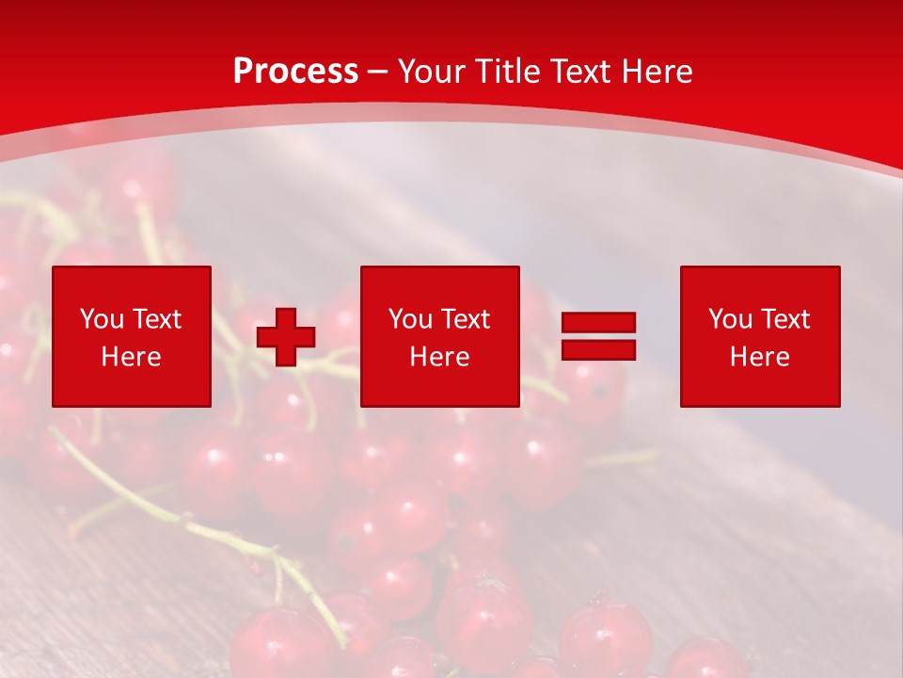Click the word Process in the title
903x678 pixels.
point(295,72)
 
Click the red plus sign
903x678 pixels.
point(286,337)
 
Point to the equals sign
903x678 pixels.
point(598,336)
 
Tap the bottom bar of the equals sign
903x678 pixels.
point(598,349)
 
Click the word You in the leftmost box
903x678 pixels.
point(102,319)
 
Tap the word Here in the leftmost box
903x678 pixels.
point(132,357)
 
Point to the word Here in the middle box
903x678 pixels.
point(440,357)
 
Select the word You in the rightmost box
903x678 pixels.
point(730,319)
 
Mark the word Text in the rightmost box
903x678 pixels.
point(784,319)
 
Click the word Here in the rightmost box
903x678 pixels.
point(760,357)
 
